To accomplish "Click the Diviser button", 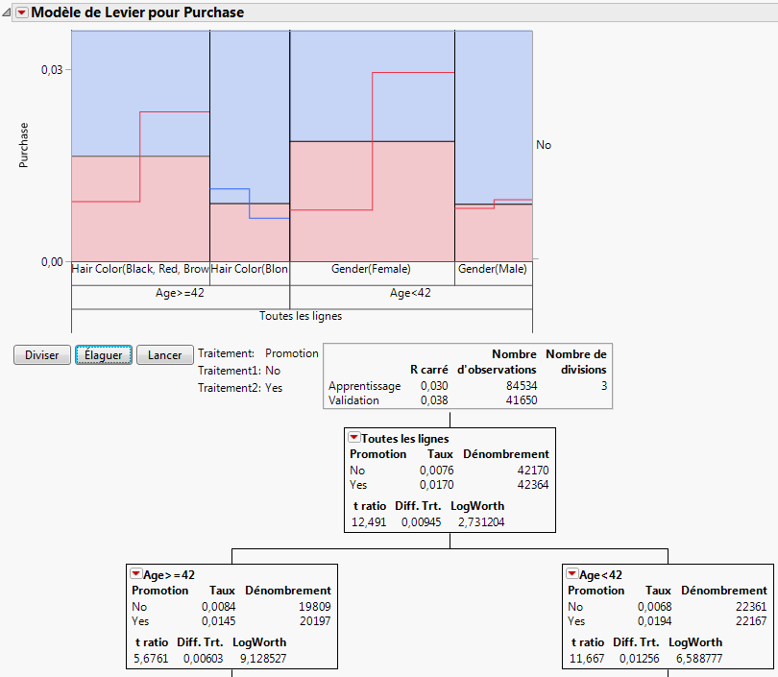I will pos(41,355).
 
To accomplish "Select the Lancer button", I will pos(165,355).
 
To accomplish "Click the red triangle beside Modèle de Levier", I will pos(22,12).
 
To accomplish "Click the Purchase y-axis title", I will pos(24,145).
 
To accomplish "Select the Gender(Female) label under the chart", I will pos(371,270).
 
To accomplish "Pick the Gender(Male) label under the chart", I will pos(492,270).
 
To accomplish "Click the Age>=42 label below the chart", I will pos(179,293).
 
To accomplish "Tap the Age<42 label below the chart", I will pos(410,293).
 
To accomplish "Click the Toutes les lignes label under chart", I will pos(301,315).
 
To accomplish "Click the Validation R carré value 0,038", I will pos(433,399).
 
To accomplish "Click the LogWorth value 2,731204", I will pos(477,522).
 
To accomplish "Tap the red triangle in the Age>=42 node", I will pos(136,573).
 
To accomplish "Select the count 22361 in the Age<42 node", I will pos(747,606).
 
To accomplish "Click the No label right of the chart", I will pos(544,145).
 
